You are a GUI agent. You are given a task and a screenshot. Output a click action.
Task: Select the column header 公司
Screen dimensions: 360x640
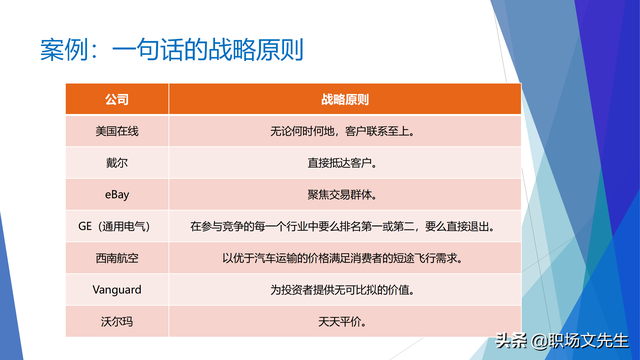pos(117,100)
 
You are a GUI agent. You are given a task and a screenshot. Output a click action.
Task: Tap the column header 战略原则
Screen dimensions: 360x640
pos(345,100)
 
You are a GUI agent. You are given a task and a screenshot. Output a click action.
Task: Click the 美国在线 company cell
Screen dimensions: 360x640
pos(117,131)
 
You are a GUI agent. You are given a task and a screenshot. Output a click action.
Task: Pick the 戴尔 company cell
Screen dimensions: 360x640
pos(117,162)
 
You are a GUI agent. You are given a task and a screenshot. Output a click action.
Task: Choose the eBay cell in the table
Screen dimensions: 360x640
pos(117,194)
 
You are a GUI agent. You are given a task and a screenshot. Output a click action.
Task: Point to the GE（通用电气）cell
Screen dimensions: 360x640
pos(117,226)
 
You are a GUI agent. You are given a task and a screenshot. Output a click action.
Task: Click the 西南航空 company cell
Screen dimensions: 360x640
pos(117,258)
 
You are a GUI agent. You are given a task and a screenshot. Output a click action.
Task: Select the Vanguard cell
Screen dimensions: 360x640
pos(117,290)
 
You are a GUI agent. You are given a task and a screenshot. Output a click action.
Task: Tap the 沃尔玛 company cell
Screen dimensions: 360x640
pos(117,322)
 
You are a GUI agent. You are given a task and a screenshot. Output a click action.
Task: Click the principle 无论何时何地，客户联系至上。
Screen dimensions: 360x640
pos(345,131)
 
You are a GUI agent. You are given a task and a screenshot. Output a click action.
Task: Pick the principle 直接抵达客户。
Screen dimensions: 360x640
pos(345,162)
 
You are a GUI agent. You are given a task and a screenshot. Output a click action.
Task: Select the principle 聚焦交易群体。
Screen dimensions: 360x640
pos(345,194)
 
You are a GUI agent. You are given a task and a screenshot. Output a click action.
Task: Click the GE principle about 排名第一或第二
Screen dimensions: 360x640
pos(345,226)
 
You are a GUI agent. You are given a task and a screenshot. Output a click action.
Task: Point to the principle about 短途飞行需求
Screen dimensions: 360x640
pos(345,258)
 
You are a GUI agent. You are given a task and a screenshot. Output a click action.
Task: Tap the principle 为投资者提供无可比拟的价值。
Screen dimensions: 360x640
pos(345,290)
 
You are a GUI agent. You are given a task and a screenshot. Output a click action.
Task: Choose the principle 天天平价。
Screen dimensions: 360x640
pos(345,322)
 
